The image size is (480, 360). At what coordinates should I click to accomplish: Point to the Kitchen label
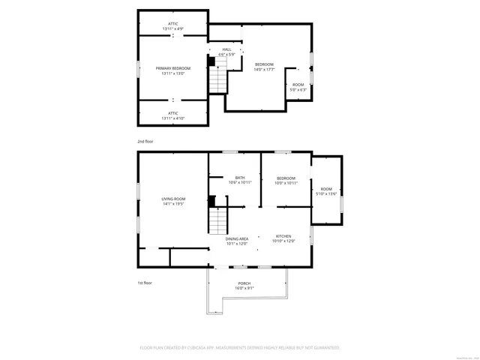[283, 238]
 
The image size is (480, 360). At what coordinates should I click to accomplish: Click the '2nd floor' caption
[145, 141]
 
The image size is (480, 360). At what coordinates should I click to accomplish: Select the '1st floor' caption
[145, 283]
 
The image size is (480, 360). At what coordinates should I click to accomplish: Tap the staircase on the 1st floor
[217, 221]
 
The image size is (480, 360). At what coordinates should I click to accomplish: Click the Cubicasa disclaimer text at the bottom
[240, 347]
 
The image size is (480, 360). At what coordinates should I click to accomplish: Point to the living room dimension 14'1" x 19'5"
[172, 204]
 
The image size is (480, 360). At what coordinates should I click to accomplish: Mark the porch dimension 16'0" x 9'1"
[245, 288]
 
